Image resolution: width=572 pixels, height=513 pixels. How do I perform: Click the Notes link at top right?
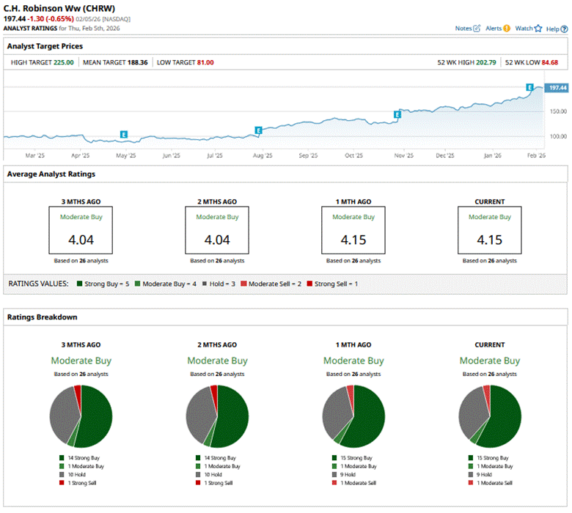point(467,29)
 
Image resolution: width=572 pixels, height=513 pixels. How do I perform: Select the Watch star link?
point(527,29)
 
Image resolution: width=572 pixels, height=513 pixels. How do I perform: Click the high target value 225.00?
point(63,62)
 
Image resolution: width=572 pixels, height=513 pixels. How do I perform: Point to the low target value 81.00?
point(205,62)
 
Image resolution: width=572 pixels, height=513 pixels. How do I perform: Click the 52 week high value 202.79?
point(485,62)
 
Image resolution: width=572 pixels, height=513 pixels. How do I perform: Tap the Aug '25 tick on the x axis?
point(262,155)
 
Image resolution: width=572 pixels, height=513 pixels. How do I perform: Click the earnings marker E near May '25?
point(124,134)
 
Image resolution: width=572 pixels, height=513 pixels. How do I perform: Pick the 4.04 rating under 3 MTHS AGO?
point(81,240)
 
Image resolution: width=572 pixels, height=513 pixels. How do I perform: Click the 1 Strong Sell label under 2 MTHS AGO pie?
point(219,482)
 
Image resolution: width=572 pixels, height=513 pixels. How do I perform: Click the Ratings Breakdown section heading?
point(42,317)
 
